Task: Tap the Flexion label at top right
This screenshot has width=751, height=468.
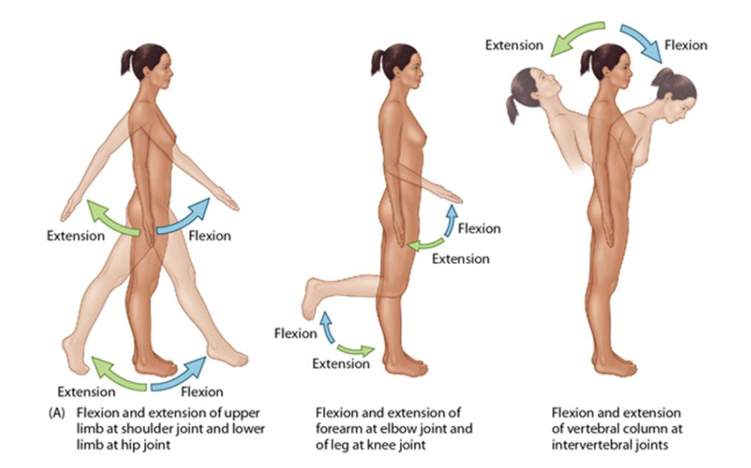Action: (x=686, y=45)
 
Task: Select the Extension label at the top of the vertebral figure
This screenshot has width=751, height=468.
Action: (x=514, y=45)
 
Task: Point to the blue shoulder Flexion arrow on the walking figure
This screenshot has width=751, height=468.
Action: (x=185, y=217)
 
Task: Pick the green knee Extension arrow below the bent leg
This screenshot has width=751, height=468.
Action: (x=356, y=349)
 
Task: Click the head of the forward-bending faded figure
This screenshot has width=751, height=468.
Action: (x=673, y=90)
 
